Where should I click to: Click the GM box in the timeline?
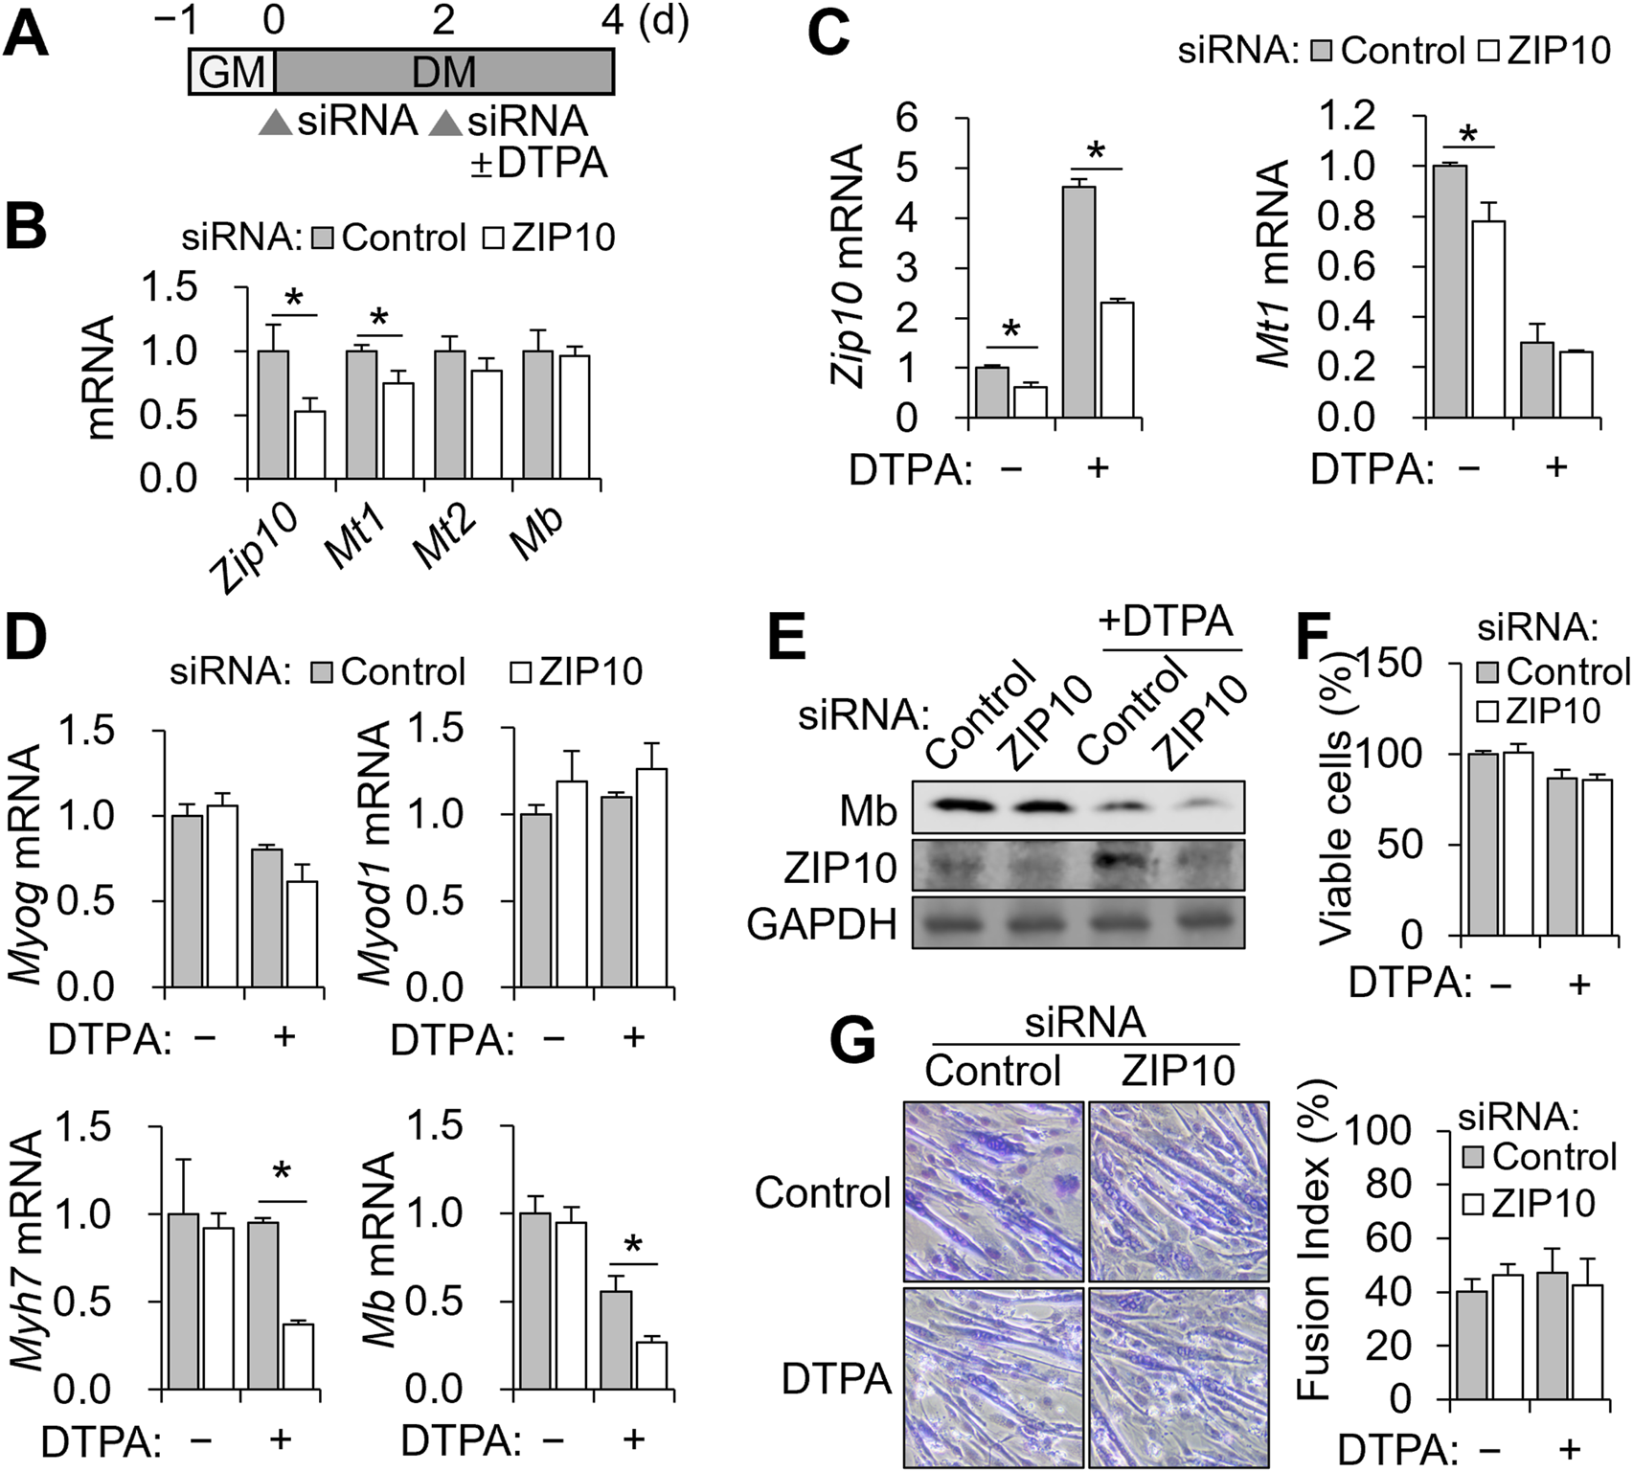(232, 72)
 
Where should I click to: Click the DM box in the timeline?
(443, 72)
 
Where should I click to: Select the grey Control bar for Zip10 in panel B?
(274, 415)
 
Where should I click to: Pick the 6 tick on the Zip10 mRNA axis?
(904, 118)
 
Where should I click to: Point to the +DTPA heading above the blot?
(1165, 623)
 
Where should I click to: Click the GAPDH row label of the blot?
(822, 924)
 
